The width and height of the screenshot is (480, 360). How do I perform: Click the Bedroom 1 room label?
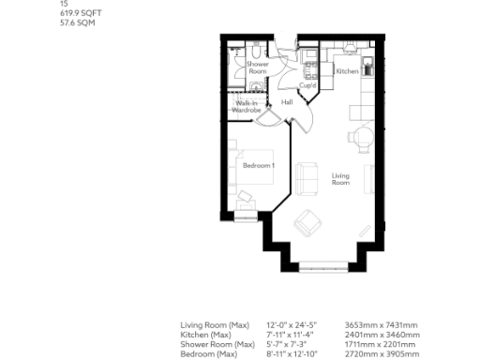point(258,166)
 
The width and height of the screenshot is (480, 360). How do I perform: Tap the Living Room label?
point(340,178)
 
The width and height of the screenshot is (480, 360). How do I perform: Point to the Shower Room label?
point(258,67)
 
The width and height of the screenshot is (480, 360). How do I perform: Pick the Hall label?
point(287,102)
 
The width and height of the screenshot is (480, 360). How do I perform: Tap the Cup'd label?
point(307,86)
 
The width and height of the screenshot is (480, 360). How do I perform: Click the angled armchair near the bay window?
point(307,223)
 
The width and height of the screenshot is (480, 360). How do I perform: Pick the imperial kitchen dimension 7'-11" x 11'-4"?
point(290,335)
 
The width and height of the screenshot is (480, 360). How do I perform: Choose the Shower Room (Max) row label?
point(217,345)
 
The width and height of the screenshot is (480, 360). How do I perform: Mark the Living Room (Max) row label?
point(214,325)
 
